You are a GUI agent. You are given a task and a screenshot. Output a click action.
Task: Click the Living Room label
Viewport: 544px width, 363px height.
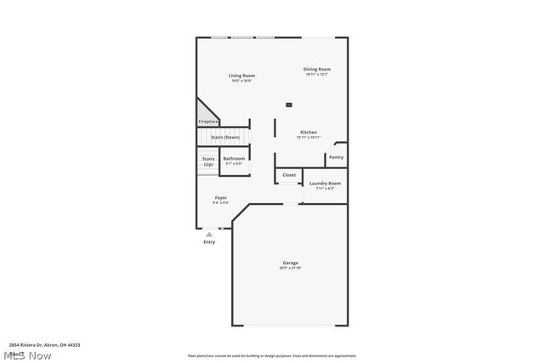point(241,76)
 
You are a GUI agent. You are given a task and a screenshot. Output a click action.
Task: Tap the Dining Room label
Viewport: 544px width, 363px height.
point(317,69)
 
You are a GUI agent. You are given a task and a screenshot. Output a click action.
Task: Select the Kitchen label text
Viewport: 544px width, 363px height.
point(309,132)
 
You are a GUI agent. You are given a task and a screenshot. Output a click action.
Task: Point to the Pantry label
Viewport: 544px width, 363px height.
point(337,156)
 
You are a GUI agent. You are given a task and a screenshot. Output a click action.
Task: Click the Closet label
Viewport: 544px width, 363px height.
point(289,175)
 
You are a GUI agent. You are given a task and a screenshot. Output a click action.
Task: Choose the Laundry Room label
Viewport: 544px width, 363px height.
point(325,183)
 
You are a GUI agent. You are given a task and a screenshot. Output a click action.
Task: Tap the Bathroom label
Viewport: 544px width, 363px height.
point(234,158)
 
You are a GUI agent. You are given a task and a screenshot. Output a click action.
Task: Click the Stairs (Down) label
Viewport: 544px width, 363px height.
point(225,137)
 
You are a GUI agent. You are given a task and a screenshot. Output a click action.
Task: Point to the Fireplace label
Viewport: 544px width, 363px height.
point(208,122)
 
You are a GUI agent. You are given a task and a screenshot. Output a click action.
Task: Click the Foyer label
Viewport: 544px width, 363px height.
point(220,197)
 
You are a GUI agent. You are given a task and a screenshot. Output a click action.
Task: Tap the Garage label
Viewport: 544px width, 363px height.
point(291,263)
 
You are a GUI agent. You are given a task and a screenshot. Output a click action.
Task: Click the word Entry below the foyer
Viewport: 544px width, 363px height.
point(209,242)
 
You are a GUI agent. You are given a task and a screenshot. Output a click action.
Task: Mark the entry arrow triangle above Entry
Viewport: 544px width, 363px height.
point(209,234)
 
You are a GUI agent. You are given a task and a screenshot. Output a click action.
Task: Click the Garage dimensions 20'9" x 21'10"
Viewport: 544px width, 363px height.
point(291,268)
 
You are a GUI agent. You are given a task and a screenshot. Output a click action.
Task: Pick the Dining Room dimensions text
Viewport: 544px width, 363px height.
point(317,74)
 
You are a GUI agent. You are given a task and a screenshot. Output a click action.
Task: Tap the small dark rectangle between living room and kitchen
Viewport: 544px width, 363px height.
point(289,104)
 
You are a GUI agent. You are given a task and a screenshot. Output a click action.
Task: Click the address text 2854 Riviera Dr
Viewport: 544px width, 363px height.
point(45,345)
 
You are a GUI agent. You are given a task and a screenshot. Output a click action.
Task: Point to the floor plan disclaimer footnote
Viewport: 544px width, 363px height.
point(272,356)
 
